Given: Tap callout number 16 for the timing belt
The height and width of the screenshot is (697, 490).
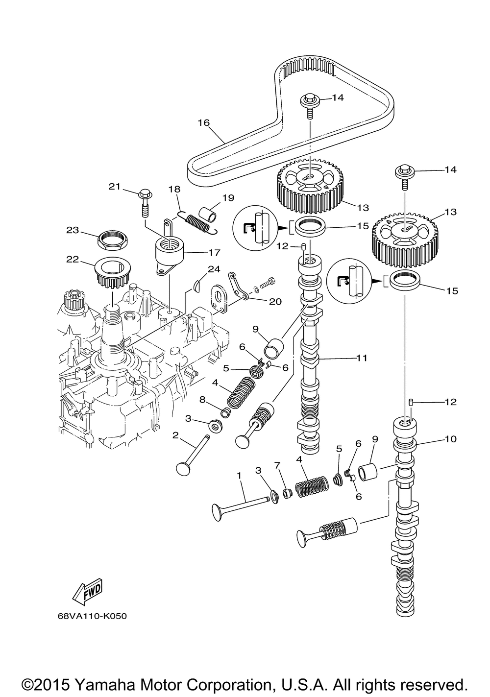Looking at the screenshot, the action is coord(204,122).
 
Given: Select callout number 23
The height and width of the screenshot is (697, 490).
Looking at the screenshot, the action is coord(72,230).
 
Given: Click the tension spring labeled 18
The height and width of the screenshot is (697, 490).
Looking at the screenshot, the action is coord(197,222).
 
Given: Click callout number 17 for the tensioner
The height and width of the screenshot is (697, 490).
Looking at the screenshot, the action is coord(214,252).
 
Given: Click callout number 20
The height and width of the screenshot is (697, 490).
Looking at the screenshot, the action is coord(275,302).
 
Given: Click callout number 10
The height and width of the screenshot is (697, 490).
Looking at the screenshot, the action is coord(450,439).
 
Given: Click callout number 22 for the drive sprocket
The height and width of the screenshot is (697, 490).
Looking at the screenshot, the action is coord(73,259).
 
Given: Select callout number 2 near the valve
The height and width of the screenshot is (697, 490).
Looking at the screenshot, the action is coord(175,435).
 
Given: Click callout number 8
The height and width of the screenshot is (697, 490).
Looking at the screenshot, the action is coord(203,400).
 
